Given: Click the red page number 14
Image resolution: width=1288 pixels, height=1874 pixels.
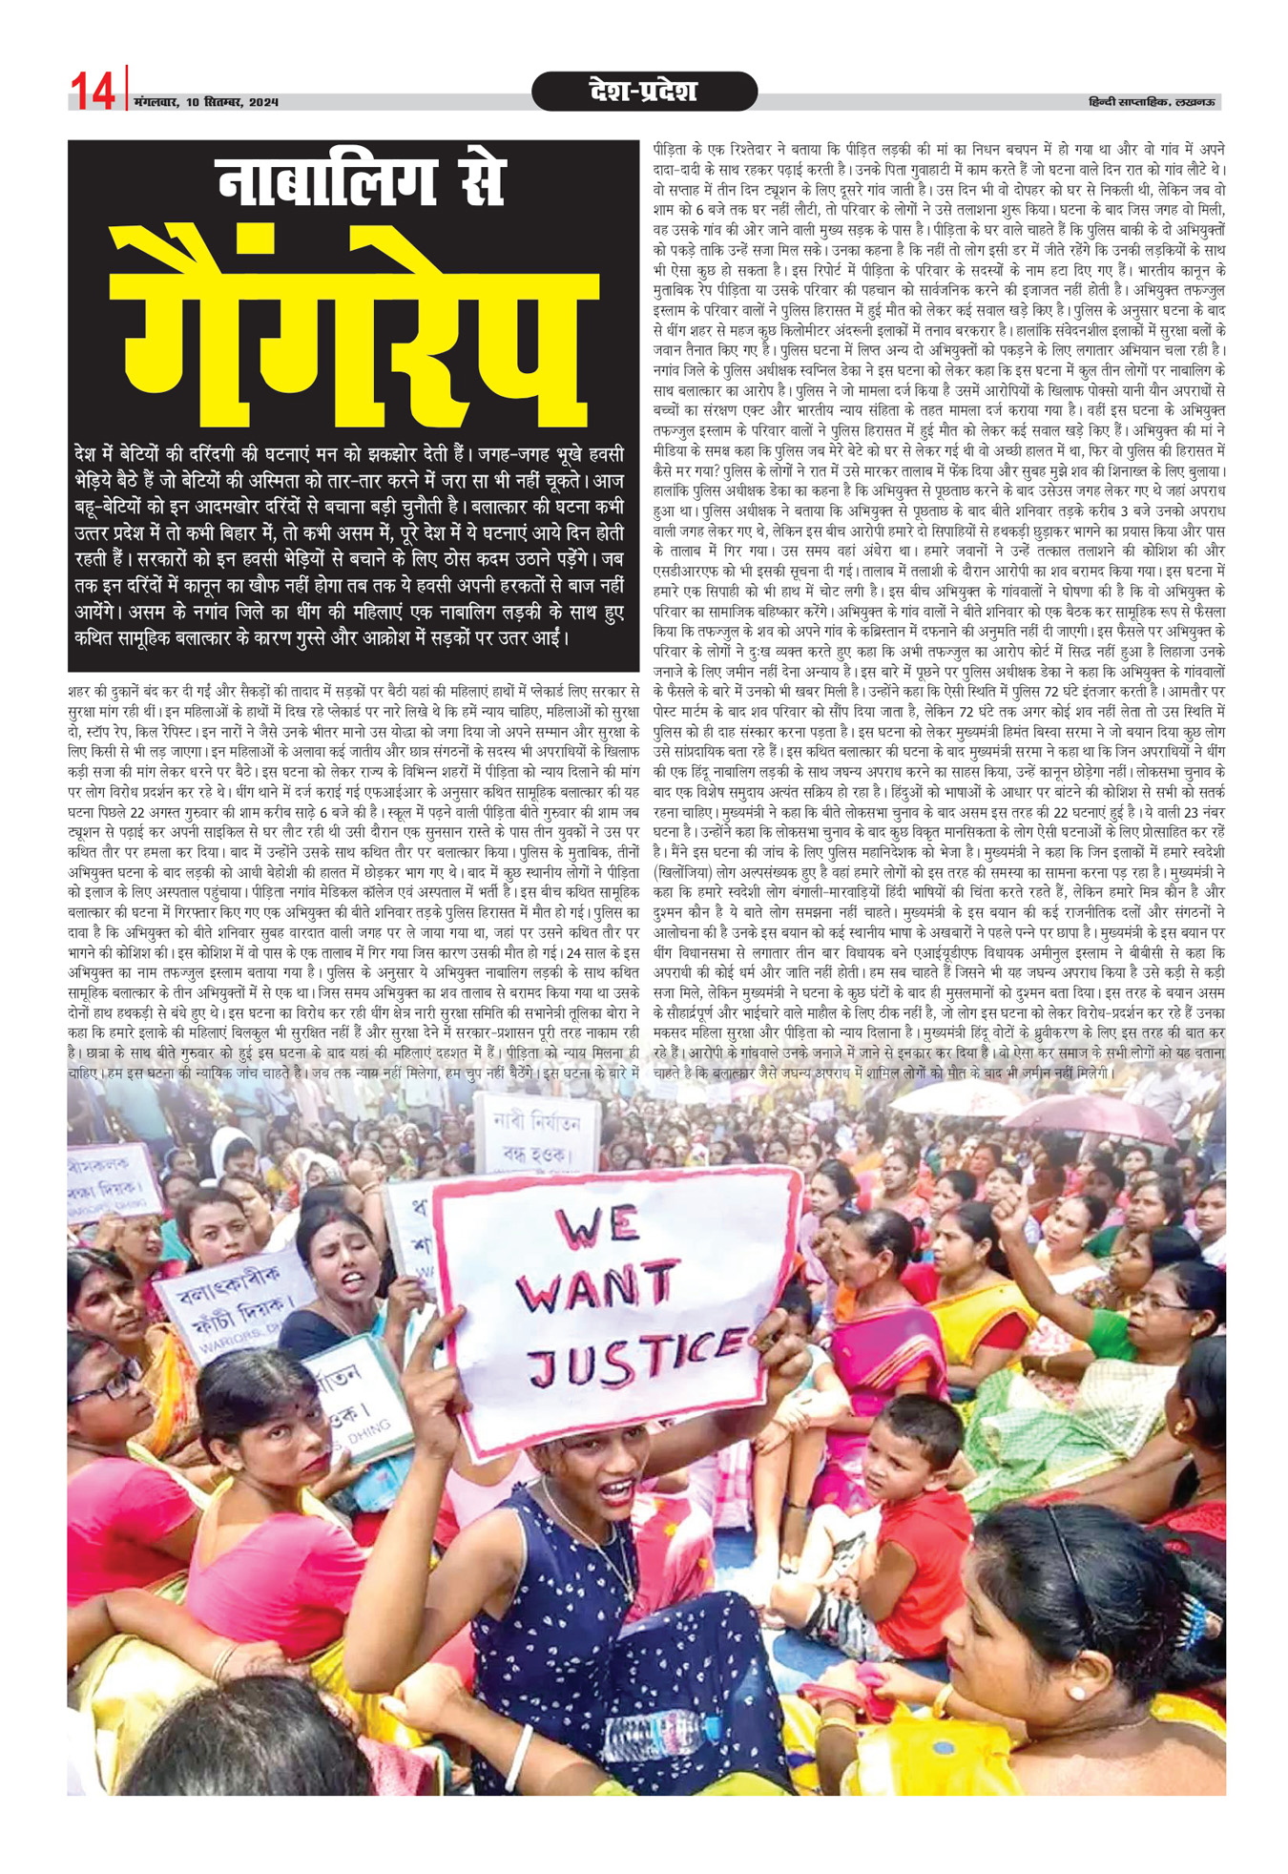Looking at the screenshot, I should click(x=93, y=91).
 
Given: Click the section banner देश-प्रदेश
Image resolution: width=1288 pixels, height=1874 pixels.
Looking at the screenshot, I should click(x=644, y=92).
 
